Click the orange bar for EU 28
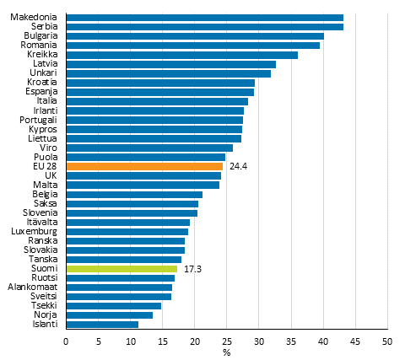point(143,166)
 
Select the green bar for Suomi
point(121,268)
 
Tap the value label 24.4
point(237,166)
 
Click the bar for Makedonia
point(204,18)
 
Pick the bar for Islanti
point(101,324)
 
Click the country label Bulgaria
point(40,36)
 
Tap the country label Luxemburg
point(35,231)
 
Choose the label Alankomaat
point(33,287)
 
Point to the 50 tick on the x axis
point(386,341)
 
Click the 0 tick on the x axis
point(66,341)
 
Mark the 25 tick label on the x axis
point(226,341)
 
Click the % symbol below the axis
point(226,352)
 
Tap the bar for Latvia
point(170,64)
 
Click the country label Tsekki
point(44,305)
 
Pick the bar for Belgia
point(133,194)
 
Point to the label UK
point(51,175)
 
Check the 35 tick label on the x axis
point(290,341)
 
